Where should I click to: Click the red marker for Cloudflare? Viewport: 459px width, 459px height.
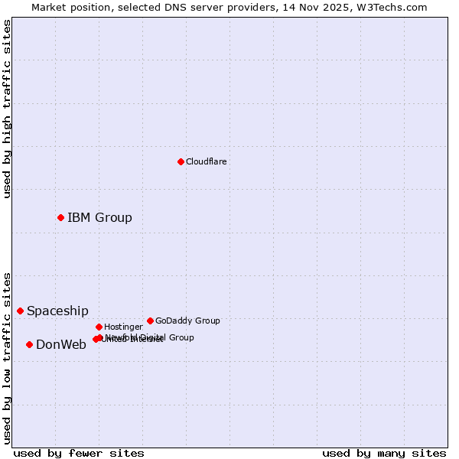pos(181,161)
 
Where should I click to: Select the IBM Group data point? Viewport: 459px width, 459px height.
pos(60,218)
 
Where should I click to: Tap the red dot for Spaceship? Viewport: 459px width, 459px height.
pos(21,311)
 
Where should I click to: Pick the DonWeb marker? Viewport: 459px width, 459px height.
pos(29,344)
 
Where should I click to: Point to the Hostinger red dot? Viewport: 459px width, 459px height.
pos(99,327)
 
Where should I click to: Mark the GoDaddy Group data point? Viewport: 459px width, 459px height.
pos(150,321)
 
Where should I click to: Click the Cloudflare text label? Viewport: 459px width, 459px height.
pos(206,162)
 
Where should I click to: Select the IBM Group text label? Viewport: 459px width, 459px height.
pos(99,218)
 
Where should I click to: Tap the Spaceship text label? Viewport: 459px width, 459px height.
pos(57,311)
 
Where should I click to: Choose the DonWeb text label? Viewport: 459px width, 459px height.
pos(61,345)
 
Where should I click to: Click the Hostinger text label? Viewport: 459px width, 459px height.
pos(123,327)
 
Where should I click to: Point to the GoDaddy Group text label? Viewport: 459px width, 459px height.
pos(187,321)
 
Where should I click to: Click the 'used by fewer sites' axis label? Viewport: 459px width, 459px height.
pos(79,454)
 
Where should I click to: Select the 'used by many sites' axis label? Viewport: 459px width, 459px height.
pos(384,454)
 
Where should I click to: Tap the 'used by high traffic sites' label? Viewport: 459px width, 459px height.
pos(7,109)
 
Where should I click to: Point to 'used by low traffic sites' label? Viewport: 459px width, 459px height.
pos(7,358)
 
